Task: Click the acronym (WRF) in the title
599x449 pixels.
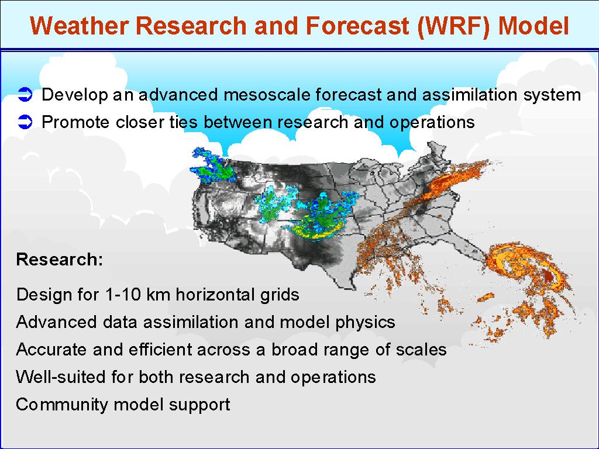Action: click(453, 26)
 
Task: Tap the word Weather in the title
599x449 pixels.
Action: click(80, 26)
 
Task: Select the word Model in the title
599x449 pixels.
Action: click(533, 26)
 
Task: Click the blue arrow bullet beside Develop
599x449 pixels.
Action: click(25, 95)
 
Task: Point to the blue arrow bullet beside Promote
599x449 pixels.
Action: click(25, 122)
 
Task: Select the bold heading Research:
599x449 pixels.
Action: click(60, 259)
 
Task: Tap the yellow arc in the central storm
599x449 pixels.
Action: click(315, 230)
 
